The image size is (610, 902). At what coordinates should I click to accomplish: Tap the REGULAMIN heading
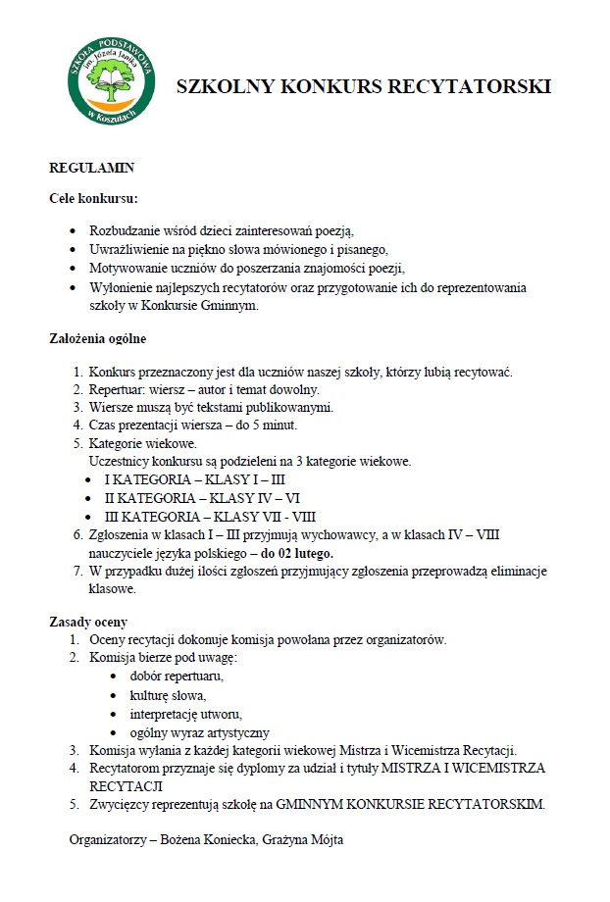pos(91,169)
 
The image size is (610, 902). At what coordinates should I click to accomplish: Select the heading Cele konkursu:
pos(94,198)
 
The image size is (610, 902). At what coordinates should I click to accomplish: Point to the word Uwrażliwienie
pos(129,250)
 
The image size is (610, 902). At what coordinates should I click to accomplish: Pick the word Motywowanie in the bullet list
pos(127,269)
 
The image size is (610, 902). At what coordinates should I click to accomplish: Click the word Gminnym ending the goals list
pos(232,306)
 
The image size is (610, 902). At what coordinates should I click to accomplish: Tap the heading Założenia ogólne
pos(98,339)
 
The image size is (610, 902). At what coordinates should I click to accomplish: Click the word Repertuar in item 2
pos(116,389)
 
